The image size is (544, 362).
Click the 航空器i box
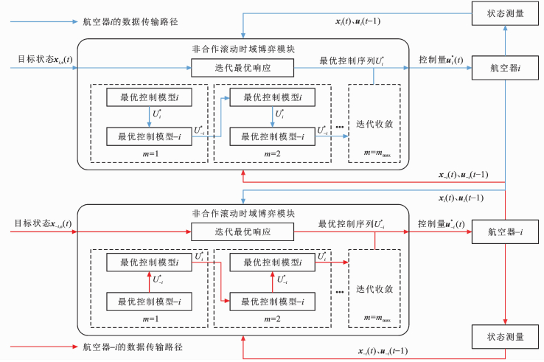click(505, 69)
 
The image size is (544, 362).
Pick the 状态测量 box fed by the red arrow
click(505, 337)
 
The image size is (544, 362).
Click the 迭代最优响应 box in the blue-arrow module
click(243, 69)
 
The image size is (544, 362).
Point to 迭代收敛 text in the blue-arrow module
click(374, 123)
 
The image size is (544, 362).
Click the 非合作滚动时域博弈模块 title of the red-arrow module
click(243, 214)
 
